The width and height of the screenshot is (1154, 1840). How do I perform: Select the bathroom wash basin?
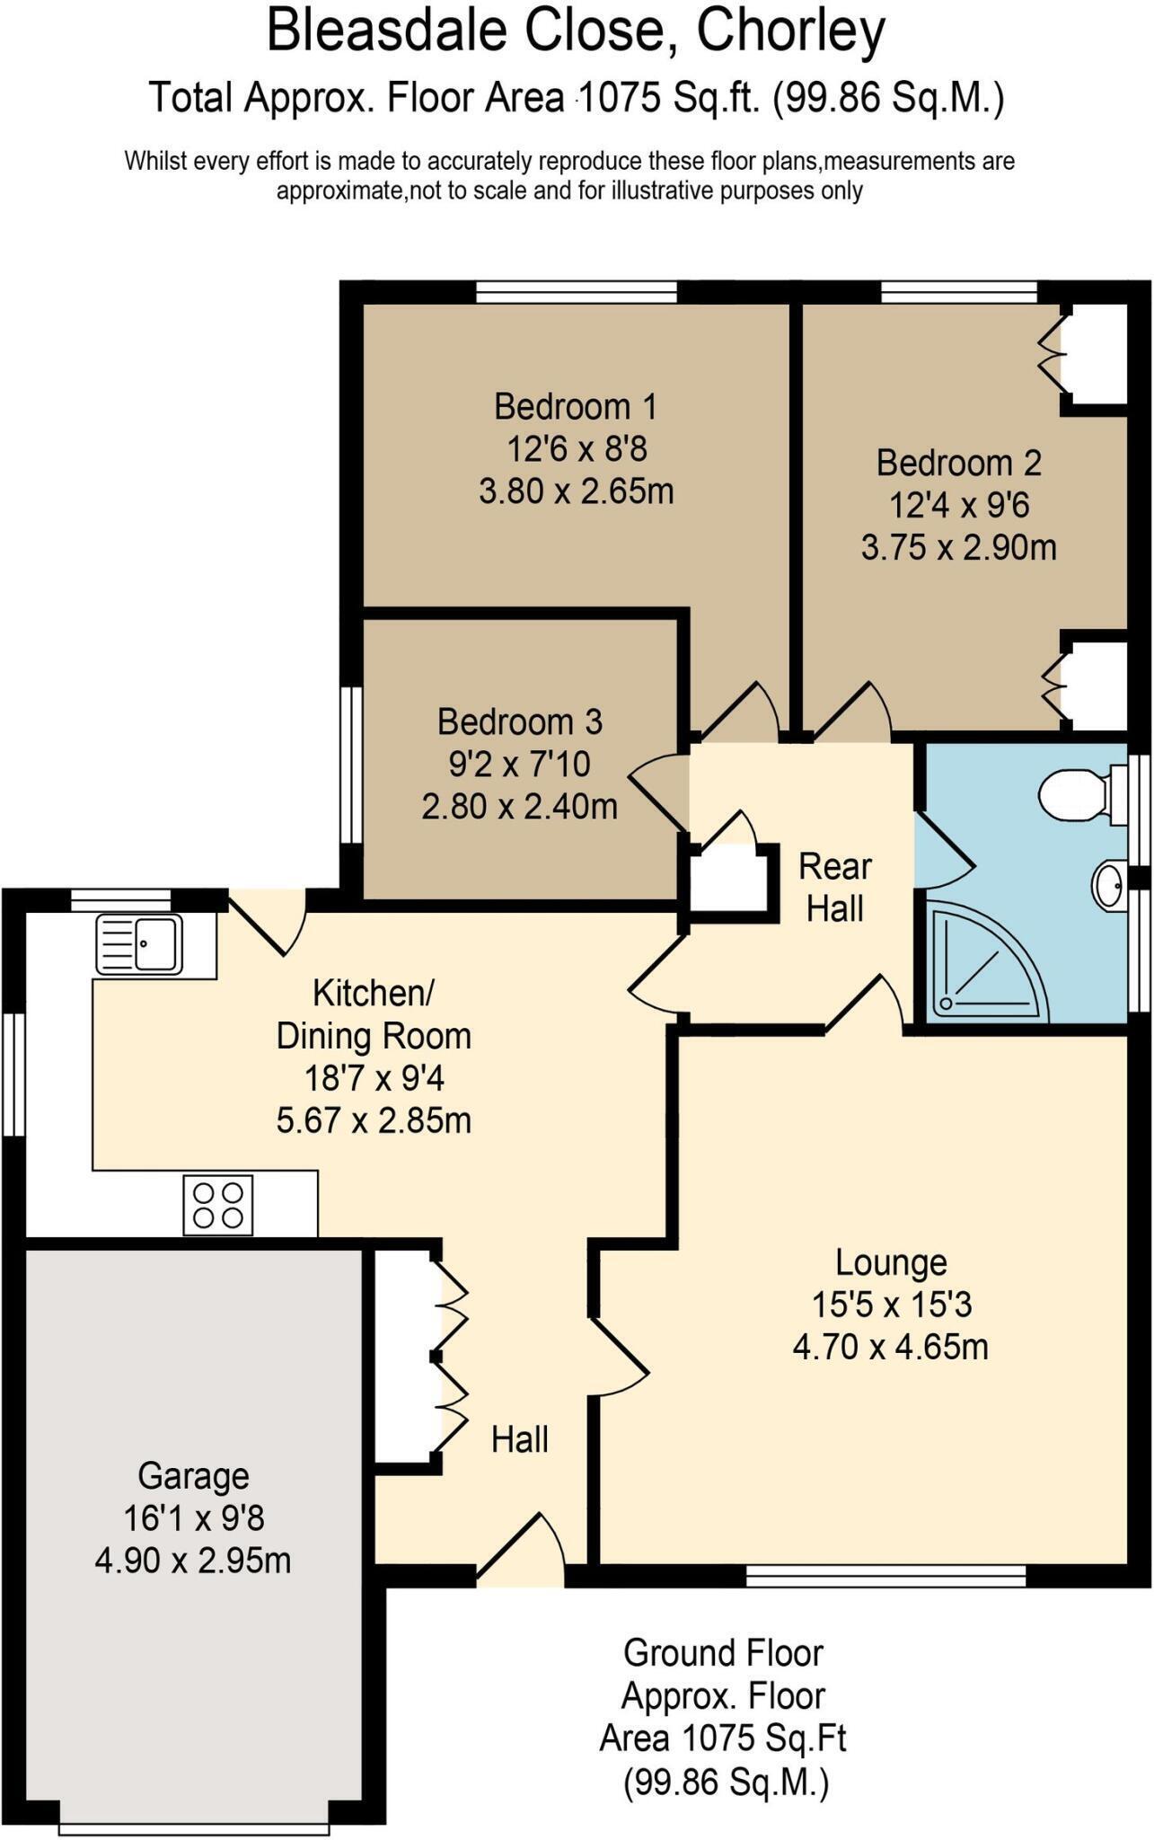(x=1109, y=885)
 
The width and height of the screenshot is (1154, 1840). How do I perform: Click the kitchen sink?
(x=139, y=944)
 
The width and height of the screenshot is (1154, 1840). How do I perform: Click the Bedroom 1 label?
(x=576, y=407)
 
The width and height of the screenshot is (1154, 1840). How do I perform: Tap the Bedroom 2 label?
(x=958, y=463)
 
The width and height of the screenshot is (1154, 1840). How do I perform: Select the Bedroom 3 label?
(x=520, y=721)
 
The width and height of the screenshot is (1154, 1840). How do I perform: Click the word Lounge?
(x=891, y=1263)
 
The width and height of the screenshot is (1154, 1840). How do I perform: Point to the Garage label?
(x=193, y=1476)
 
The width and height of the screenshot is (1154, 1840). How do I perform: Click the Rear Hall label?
(x=835, y=888)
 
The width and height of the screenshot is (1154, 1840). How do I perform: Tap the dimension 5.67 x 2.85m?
(x=374, y=1120)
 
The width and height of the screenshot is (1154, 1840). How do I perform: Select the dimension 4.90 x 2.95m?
(x=193, y=1561)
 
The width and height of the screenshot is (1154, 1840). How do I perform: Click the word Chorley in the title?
(x=792, y=31)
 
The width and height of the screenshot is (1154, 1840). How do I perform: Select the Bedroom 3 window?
(x=351, y=765)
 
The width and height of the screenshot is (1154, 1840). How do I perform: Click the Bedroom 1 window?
(x=576, y=292)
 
